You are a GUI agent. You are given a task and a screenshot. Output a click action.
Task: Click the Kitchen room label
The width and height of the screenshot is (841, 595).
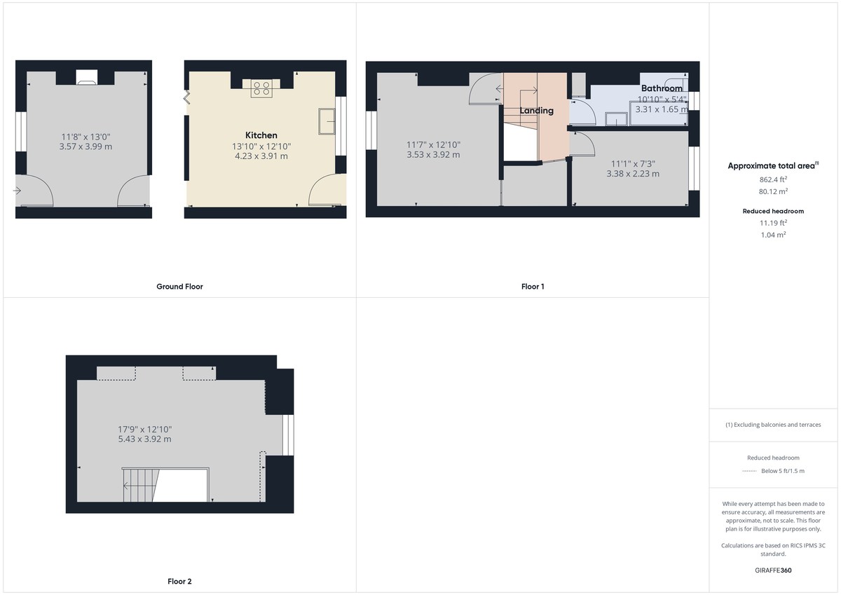tap(261, 135)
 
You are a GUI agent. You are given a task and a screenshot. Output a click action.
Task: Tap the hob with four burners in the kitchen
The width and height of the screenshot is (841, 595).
tap(261, 88)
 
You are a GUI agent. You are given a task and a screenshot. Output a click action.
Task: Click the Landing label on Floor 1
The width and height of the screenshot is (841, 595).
tap(536, 111)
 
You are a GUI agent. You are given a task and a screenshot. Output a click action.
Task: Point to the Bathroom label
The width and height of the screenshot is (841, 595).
tap(662, 89)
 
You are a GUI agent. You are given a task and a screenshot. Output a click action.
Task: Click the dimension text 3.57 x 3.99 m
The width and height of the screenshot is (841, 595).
tap(86, 146)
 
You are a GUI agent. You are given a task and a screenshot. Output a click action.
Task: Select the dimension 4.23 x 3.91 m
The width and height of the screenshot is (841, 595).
tap(261, 156)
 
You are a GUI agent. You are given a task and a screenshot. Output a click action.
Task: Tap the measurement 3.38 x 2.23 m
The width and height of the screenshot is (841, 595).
tap(632, 175)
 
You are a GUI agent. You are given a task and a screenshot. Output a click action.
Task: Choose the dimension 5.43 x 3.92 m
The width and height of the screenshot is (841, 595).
tap(144, 439)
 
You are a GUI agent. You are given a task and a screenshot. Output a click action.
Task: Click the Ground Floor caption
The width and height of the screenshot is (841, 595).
tap(179, 287)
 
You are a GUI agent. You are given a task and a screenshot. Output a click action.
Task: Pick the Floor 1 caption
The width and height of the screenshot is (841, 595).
tap(533, 287)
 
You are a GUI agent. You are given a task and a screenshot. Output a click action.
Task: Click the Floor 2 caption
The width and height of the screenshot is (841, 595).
tap(179, 582)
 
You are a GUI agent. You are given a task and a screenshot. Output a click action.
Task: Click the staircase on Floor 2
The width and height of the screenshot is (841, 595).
tap(140, 485)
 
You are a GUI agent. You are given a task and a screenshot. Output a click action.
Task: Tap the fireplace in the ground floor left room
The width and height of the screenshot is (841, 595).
tap(87, 77)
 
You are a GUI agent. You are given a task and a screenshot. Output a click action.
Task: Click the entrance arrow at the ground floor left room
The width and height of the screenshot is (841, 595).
tap(18, 190)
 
